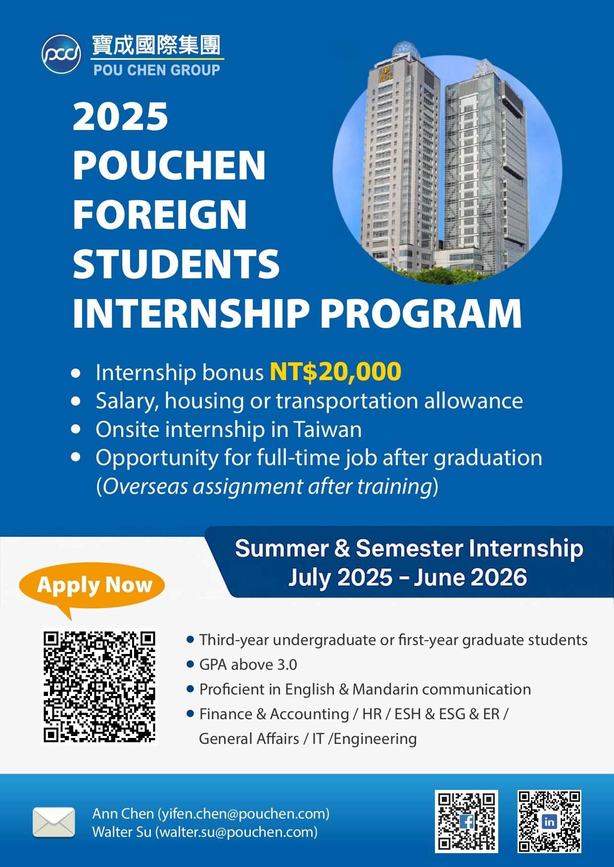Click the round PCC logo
pyautogui.click(x=61, y=54)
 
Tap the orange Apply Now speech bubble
pyautogui.click(x=92, y=586)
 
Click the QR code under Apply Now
pyautogui.click(x=99, y=686)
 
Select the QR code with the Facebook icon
pyautogui.click(x=467, y=822)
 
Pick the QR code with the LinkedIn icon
pyautogui.click(x=549, y=822)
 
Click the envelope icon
pyautogui.click(x=54, y=823)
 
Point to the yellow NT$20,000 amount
pyautogui.click(x=335, y=372)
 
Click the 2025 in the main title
pyautogui.click(x=120, y=117)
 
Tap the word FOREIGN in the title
pyautogui.click(x=159, y=215)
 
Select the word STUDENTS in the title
pyautogui.click(x=176, y=263)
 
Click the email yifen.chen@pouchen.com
pyautogui.click(x=243, y=814)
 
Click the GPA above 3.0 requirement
pyautogui.click(x=248, y=665)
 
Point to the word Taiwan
pyautogui.click(x=328, y=430)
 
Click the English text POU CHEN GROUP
pyautogui.click(x=157, y=70)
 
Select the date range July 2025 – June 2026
pyautogui.click(x=408, y=577)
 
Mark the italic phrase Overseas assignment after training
pyautogui.click(x=268, y=486)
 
